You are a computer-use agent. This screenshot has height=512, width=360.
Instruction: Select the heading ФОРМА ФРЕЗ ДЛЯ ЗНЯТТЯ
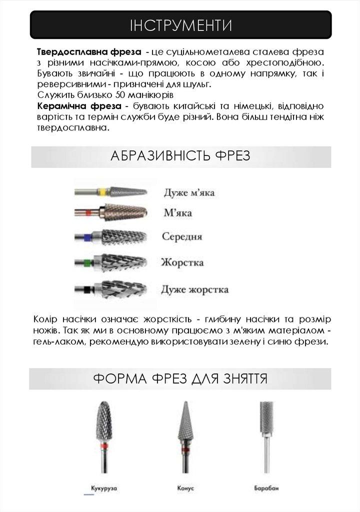180,378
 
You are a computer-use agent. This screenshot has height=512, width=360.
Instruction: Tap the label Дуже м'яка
191,192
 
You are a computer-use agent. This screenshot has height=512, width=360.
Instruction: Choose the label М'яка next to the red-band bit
177,213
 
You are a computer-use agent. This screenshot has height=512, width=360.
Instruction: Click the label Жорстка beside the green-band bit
182,262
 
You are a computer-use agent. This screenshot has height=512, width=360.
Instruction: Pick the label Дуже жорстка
195,289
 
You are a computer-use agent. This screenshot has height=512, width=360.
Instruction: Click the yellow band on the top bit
102,191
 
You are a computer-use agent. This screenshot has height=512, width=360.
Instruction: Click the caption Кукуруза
104,486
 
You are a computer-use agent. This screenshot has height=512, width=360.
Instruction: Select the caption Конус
185,486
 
